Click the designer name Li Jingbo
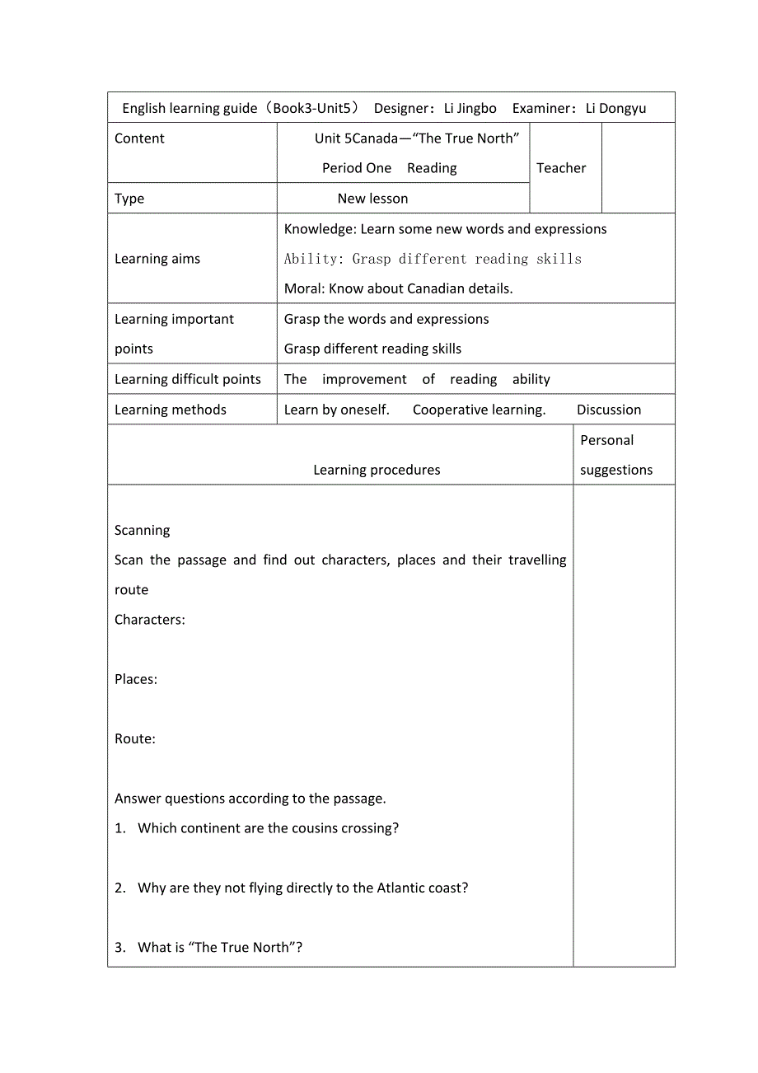point(470,108)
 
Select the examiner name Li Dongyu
point(615,108)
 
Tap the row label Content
point(139,138)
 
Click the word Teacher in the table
point(561,168)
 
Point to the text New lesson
point(372,199)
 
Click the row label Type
point(129,199)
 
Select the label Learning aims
point(157,259)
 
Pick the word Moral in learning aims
point(302,288)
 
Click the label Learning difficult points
point(188,379)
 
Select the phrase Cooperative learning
point(479,410)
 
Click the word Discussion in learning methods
point(609,410)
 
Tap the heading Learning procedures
point(377,470)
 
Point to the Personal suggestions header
point(615,455)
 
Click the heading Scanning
point(143,530)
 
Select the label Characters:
point(150,620)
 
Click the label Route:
point(135,738)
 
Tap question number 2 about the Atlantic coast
point(302,888)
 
